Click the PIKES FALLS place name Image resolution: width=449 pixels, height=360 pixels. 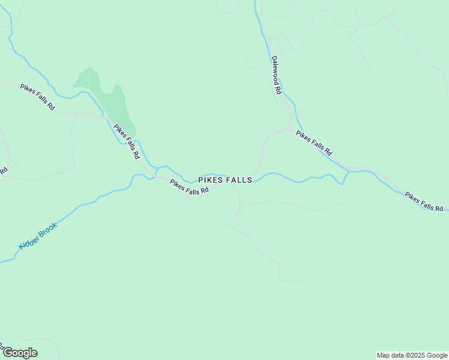coord(225,180)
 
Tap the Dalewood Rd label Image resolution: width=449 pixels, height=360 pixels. coord(276,75)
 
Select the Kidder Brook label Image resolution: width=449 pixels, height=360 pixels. coord(37,236)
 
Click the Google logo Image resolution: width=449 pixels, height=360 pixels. coord(19,352)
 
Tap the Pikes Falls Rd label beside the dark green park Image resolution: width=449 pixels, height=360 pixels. coord(127,141)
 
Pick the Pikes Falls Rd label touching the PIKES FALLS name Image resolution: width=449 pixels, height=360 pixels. coord(189,187)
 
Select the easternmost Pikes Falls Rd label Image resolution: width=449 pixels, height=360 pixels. coord(424,201)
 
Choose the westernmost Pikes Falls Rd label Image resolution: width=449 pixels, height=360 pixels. coord(37,97)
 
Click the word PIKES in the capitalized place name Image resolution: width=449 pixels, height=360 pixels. coord(211,180)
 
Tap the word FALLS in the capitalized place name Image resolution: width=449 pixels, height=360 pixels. coord(239,180)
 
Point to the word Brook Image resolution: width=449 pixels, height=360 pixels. coord(47,229)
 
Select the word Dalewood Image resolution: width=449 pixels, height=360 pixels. coord(275,70)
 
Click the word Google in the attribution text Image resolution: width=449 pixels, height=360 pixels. coord(435,355)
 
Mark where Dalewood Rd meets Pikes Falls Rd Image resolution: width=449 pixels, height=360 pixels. coord(291,128)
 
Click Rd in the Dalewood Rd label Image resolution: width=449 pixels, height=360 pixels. coord(279,89)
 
